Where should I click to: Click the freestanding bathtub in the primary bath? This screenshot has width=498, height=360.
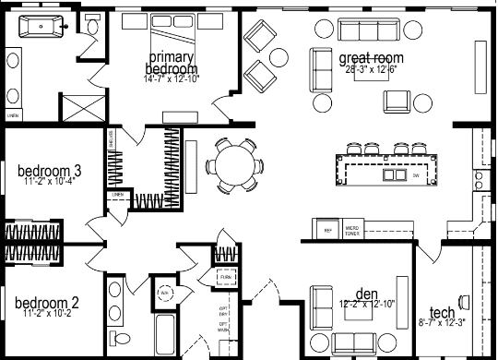click(x=40, y=27)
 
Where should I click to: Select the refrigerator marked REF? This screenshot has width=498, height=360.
click(x=326, y=226)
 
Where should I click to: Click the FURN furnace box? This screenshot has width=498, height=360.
click(x=225, y=276)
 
